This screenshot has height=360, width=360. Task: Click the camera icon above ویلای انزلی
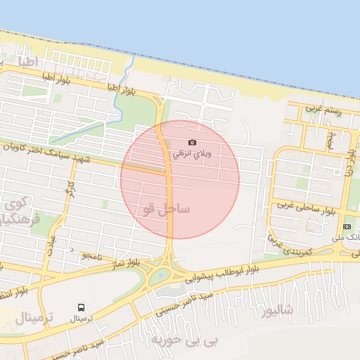193,143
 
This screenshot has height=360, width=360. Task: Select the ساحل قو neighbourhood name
166,209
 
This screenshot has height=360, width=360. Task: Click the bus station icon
82,307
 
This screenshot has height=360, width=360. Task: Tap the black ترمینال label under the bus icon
86,319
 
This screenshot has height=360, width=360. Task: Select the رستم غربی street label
323,110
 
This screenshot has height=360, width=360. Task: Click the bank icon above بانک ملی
347,226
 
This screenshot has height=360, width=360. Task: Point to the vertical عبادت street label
50,246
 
